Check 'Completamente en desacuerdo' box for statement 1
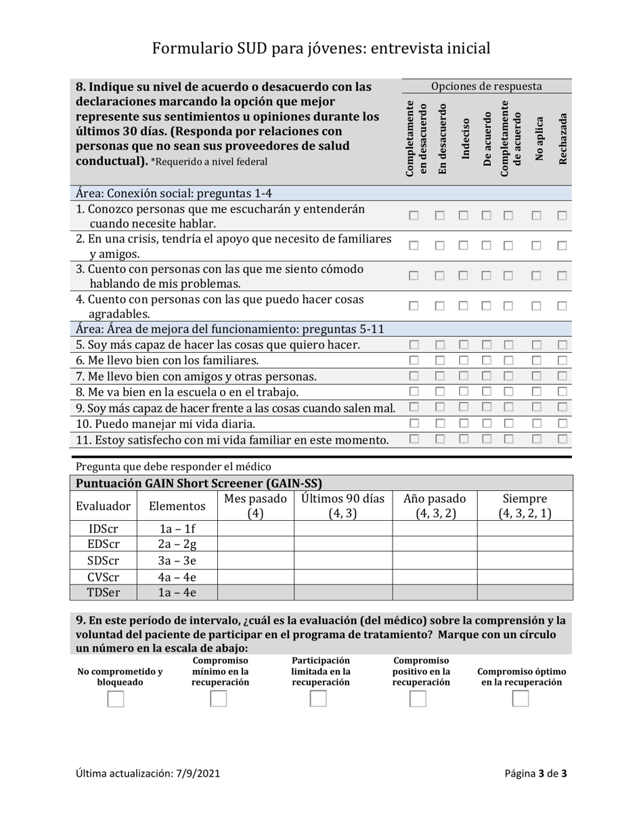[x=414, y=215]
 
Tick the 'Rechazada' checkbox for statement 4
[x=562, y=306]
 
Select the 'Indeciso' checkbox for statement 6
[x=464, y=360]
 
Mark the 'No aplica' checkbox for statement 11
[x=536, y=439]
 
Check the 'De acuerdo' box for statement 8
[x=487, y=391]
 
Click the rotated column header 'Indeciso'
[x=465, y=140]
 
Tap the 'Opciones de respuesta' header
[x=487, y=86]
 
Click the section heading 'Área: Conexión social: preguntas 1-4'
[x=174, y=193]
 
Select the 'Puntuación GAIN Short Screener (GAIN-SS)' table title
[x=199, y=484]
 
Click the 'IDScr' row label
[x=104, y=529]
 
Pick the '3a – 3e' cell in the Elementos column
[x=177, y=561]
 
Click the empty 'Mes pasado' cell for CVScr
[x=255, y=577]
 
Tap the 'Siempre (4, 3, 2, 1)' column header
[x=525, y=506]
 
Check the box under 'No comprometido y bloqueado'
[x=116, y=700]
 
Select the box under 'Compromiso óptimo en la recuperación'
[x=520, y=700]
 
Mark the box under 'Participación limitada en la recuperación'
[x=318, y=700]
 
